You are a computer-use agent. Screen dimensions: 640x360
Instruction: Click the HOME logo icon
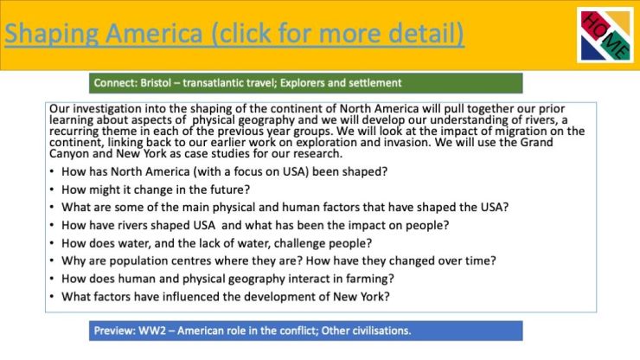pos(605,35)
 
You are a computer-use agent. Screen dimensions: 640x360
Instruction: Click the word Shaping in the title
pos(51,34)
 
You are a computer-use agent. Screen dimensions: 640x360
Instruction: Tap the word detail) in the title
pos(426,33)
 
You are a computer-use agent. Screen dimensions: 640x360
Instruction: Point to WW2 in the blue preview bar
pos(152,331)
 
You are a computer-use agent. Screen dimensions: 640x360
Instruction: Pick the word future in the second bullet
pos(230,190)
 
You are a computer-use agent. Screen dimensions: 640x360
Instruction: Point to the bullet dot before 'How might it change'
pos(52,190)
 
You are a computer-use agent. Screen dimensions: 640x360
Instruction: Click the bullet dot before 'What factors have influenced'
pos(52,296)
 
